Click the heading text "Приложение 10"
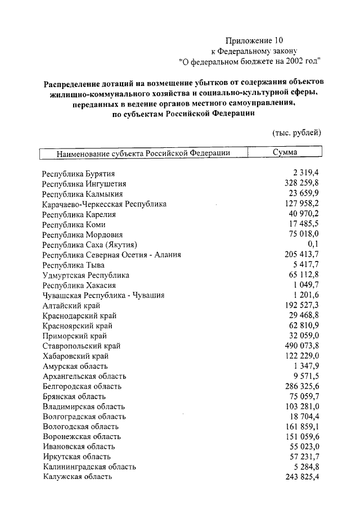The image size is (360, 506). pyautogui.click(x=252, y=40)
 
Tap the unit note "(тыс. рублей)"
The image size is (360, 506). pyautogui.click(x=296, y=133)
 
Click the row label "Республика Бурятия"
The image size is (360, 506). pyautogui.click(x=79, y=174)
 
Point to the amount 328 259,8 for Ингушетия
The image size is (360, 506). pyautogui.click(x=302, y=184)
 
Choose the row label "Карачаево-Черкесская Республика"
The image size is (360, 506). pyautogui.click(x=104, y=204)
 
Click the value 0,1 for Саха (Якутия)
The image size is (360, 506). pyautogui.click(x=314, y=245)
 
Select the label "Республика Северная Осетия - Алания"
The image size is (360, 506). pyautogui.click(x=111, y=255)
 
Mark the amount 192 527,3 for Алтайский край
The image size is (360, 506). pyautogui.click(x=302, y=305)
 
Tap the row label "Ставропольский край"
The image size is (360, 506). pyautogui.click(x=81, y=346)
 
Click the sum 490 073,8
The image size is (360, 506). pyautogui.click(x=302, y=346)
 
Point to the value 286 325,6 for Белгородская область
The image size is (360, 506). pyautogui.click(x=302, y=387)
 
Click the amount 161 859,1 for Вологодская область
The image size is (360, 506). pyautogui.click(x=302, y=427)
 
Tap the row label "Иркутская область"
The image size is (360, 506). pyautogui.click(x=76, y=457)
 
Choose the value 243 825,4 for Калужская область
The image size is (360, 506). pyautogui.click(x=302, y=477)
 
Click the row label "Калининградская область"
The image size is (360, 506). pyautogui.click(x=89, y=467)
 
